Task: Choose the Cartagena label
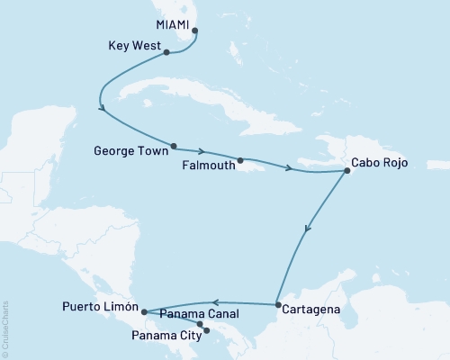click(x=310, y=310)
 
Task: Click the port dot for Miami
click(x=194, y=32)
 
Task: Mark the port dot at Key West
click(x=166, y=52)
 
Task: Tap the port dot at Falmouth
click(x=240, y=161)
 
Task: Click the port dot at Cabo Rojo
click(x=346, y=170)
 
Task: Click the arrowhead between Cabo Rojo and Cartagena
click(x=308, y=229)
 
